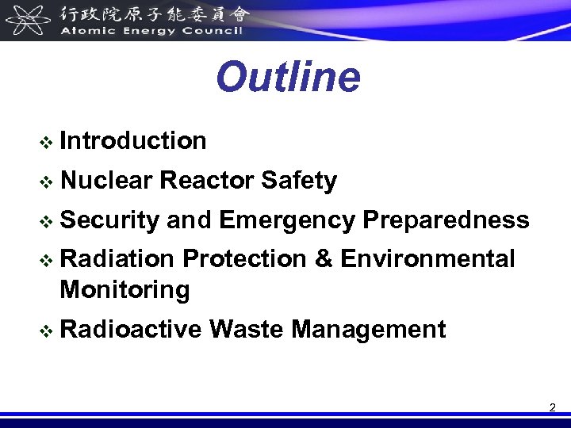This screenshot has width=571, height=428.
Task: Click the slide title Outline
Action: click(287, 78)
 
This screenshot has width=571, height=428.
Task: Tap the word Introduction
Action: click(132, 141)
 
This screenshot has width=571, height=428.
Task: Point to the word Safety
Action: click(298, 182)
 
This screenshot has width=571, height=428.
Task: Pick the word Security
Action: click(109, 220)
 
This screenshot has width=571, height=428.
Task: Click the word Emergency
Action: click(286, 220)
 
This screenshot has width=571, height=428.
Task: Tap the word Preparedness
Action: click(446, 220)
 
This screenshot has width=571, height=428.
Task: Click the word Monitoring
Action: click(125, 289)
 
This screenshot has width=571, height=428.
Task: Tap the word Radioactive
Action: click(130, 328)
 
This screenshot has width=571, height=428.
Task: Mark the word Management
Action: click(368, 329)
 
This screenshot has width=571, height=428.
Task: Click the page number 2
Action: click(552, 408)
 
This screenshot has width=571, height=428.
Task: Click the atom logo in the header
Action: click(27, 19)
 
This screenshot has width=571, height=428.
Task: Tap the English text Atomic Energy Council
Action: click(151, 31)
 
